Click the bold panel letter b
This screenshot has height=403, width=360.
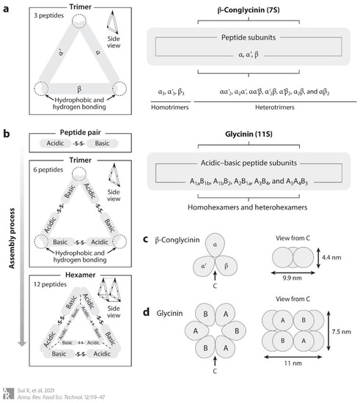coord(7,136)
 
